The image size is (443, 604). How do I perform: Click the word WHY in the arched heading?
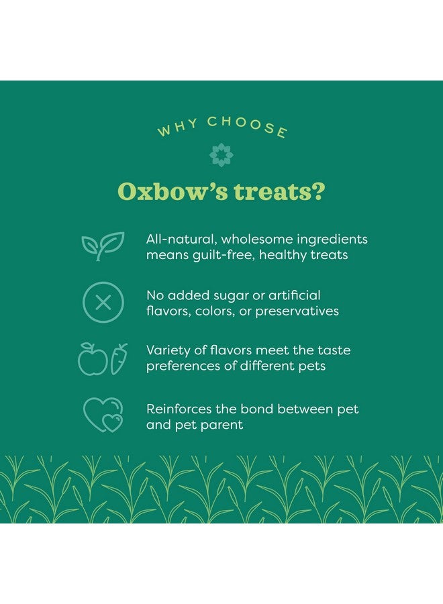click(x=178, y=128)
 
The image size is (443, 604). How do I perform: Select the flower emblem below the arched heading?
click(x=221, y=155)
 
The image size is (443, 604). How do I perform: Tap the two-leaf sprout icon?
click(x=103, y=246)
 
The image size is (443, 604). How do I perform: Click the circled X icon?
click(x=103, y=303)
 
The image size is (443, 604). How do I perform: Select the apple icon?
click(x=93, y=359)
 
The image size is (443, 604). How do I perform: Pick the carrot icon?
click(x=119, y=359)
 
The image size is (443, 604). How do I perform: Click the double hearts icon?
click(x=103, y=415)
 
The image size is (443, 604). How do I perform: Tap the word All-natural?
click(x=179, y=239)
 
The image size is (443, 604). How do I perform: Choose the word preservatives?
click(x=297, y=311)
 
